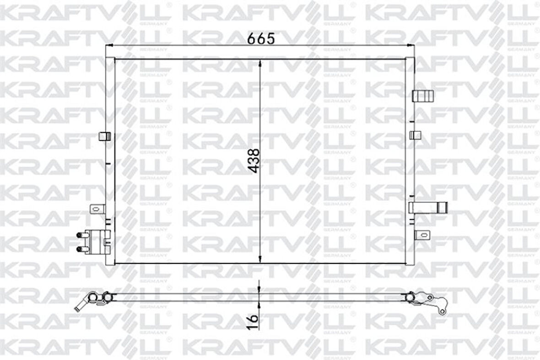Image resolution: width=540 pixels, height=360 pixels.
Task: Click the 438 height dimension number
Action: [x=254, y=160]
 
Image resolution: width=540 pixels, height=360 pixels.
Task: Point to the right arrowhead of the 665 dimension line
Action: [x=412, y=45]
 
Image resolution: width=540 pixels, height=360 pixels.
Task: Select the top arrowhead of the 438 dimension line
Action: [x=260, y=63]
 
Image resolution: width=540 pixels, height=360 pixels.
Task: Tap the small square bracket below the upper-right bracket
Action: [x=416, y=135]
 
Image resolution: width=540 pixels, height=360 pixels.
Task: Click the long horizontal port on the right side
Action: [x=427, y=207]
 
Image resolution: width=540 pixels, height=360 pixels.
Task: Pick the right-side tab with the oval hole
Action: [x=421, y=235]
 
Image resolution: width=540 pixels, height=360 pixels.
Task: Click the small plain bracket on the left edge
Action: [x=105, y=136]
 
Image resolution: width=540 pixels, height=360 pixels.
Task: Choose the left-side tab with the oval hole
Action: [x=97, y=209]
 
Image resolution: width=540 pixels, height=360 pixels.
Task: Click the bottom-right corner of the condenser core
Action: [x=409, y=263]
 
